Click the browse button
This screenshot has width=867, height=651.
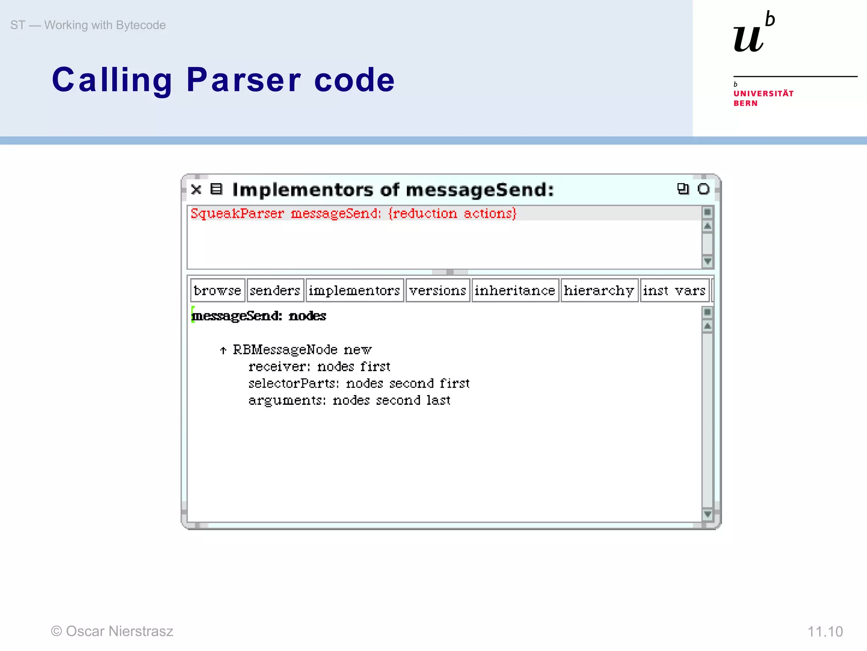click(x=218, y=290)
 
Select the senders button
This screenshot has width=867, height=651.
click(x=275, y=290)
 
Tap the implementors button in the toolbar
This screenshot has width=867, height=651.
click(x=354, y=290)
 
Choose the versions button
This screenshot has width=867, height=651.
click(x=438, y=290)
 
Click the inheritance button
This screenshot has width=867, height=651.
click(x=515, y=290)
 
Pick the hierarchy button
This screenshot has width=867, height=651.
click(x=599, y=290)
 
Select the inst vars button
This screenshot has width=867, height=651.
click(x=674, y=290)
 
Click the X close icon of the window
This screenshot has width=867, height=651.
click(x=196, y=189)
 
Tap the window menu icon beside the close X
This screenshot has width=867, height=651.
click(x=216, y=189)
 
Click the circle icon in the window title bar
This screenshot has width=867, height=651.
click(x=704, y=189)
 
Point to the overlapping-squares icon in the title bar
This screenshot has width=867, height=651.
click(x=683, y=189)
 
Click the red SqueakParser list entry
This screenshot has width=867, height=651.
click(x=353, y=213)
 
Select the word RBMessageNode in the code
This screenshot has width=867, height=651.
click(x=285, y=350)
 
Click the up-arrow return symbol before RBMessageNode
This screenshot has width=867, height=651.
click(x=223, y=350)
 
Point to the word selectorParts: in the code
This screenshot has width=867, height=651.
click(x=294, y=384)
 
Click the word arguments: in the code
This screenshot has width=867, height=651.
click(x=287, y=401)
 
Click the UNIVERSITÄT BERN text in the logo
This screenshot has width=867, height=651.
click(x=763, y=98)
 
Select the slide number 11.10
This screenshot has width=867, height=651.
click(x=825, y=632)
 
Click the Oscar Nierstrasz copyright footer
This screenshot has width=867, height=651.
click(x=112, y=631)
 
